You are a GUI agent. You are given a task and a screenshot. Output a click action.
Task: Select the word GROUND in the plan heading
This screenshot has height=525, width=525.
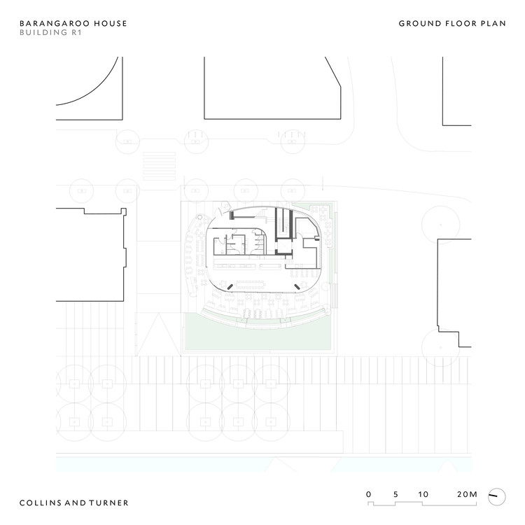[x=417, y=23]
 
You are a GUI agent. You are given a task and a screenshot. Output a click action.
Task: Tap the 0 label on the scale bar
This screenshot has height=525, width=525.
[x=369, y=494]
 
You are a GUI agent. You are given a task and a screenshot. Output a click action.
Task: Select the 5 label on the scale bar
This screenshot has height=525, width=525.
[x=396, y=494]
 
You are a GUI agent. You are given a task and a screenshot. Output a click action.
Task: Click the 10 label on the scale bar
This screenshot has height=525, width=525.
[x=423, y=494]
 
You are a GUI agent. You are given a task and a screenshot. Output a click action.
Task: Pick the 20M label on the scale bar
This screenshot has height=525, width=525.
[x=466, y=494]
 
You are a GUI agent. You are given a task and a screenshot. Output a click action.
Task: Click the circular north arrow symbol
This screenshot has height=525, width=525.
[x=496, y=496]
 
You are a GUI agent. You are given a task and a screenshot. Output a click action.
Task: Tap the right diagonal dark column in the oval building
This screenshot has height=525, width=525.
[x=297, y=286]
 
